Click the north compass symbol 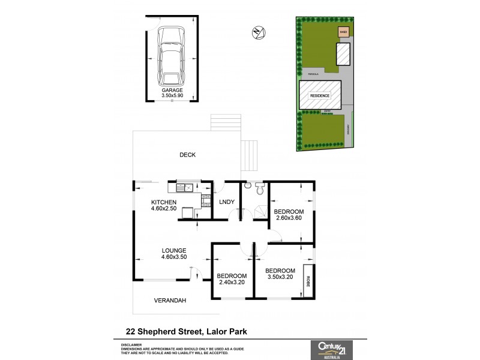(x=258, y=34)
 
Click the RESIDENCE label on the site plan (x=320, y=95)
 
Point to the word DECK (x=187, y=155)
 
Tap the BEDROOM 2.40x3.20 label (x=230, y=280)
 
